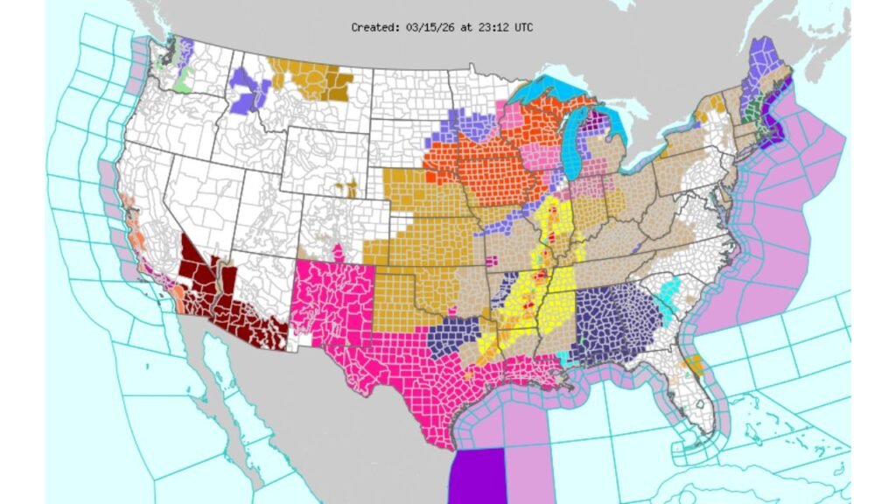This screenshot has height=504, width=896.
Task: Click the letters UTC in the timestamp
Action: (x=522, y=27)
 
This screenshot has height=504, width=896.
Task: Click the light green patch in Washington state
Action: (x=183, y=85)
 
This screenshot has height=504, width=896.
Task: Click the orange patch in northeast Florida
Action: (x=696, y=363)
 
